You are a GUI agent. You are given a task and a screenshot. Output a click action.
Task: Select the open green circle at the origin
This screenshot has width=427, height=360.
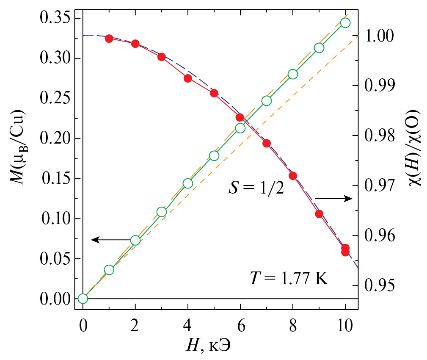coord(83,299)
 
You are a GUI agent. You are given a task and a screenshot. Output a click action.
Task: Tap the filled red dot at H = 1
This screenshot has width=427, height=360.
coord(109,39)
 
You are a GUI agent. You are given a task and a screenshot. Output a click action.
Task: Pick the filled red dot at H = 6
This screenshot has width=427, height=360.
coord(240,117)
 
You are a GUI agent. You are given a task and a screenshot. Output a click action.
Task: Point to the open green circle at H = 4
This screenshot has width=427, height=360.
coord(188,183)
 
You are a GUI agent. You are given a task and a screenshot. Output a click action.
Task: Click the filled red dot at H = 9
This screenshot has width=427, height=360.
coord(319,214)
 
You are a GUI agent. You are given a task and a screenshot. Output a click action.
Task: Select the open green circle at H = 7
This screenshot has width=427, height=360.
coord(266,101)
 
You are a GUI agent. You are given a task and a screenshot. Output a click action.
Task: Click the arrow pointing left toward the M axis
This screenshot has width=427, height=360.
coord(110,240)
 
